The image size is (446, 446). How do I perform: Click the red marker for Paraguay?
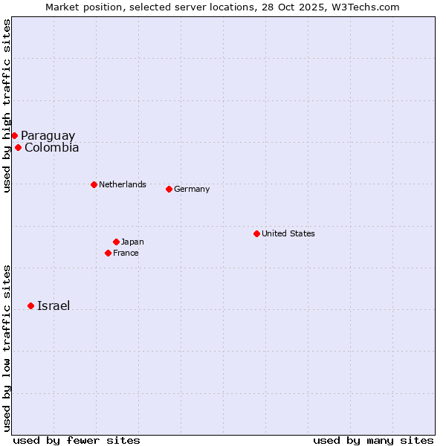[x=14, y=135]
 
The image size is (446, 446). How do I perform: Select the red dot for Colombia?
[x=18, y=147]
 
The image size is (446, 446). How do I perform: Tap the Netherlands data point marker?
[x=94, y=184]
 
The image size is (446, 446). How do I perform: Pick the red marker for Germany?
[x=169, y=189]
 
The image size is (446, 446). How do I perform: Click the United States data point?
[x=256, y=233]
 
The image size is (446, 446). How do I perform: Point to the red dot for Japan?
[x=116, y=242]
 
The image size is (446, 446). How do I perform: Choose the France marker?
[x=108, y=253]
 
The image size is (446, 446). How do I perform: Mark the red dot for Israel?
[x=30, y=306]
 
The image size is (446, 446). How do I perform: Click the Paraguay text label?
[x=48, y=135]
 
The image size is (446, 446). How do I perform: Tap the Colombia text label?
[x=51, y=147]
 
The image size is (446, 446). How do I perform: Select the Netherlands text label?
[x=122, y=184]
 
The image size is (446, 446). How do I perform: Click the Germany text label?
[x=192, y=189]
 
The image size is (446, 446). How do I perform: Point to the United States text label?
[x=288, y=233]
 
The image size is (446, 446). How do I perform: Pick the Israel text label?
[x=54, y=306]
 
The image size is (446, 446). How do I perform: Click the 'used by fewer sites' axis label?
[x=77, y=440]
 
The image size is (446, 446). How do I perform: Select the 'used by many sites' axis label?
[x=373, y=440]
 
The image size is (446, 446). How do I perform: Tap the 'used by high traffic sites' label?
[x=7, y=106]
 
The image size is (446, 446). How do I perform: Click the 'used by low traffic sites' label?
[x=7, y=347]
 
